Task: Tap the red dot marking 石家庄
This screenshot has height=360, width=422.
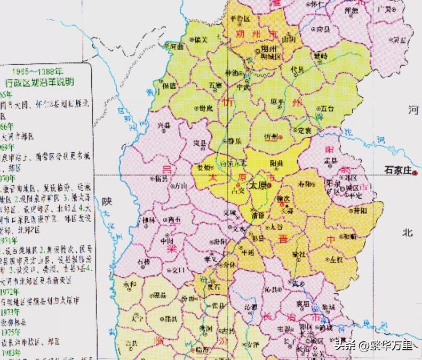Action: [x=416, y=173]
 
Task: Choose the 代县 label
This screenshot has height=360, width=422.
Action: [x=297, y=69]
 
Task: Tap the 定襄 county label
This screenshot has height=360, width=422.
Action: [x=305, y=130]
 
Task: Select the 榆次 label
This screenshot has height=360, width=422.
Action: [x=283, y=199]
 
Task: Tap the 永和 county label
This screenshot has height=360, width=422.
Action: [x=130, y=284]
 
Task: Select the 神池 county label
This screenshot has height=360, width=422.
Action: [x=233, y=72]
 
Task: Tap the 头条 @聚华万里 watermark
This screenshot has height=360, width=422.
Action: [x=373, y=345]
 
